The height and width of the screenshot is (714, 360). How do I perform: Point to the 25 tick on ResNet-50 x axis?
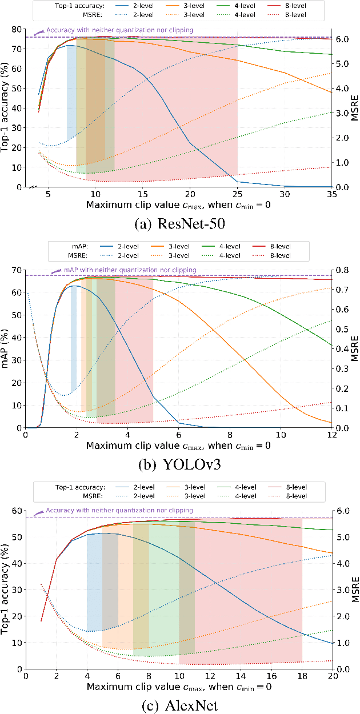click(237, 193)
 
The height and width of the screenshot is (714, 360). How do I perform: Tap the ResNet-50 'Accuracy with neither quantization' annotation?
click(119, 29)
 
